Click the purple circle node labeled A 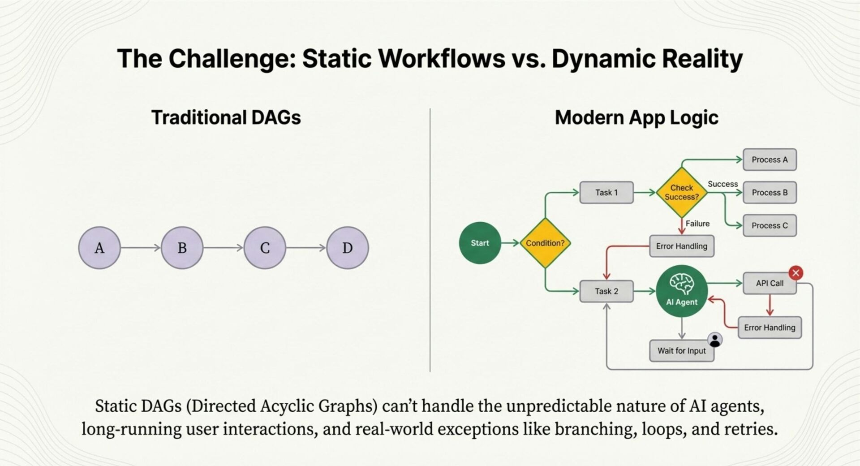[99, 248]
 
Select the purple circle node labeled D [348, 248]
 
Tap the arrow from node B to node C [223, 248]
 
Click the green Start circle [480, 243]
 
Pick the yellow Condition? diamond [545, 243]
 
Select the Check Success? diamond [682, 193]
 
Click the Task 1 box [606, 193]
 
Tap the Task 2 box [606, 291]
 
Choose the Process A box [770, 160]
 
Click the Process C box [770, 225]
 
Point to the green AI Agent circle [682, 291]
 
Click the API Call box [770, 283]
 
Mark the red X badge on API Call [796, 273]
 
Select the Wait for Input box [681, 351]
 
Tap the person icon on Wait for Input [715, 340]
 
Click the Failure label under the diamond [697, 224]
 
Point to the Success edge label [722, 184]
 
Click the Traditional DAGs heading [226, 118]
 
